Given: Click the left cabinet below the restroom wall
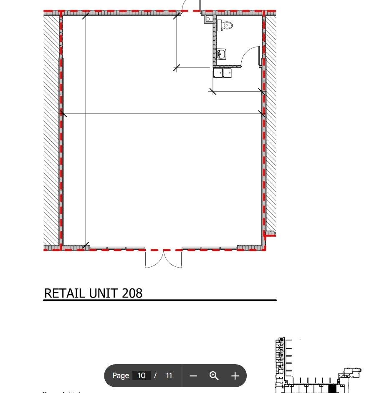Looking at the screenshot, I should (x=218, y=73).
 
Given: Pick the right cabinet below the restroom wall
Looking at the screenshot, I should (x=227, y=73).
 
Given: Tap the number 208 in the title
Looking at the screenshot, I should (x=132, y=293).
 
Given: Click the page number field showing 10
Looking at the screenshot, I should (x=141, y=375).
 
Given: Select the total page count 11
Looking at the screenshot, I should (x=169, y=375).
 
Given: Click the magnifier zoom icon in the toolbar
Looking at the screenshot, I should (x=214, y=375).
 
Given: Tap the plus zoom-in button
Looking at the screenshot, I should (x=235, y=376).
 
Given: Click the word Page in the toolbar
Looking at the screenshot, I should (x=121, y=375).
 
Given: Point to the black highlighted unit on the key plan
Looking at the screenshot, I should (x=332, y=389).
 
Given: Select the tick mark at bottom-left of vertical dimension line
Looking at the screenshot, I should (x=86, y=245).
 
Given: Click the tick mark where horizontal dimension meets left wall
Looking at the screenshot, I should (x=63, y=113).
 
